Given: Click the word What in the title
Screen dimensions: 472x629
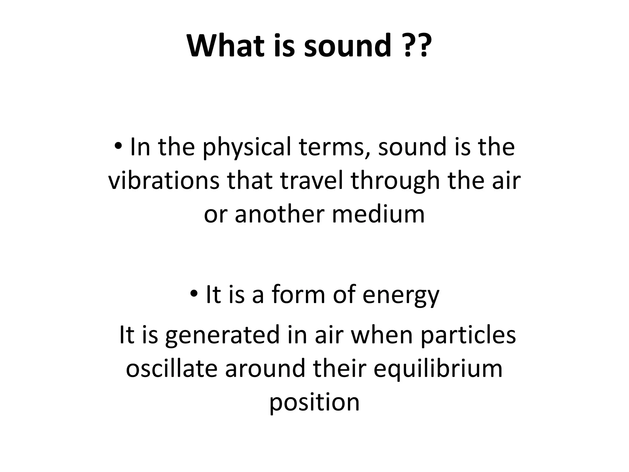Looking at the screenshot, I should [x=225, y=46].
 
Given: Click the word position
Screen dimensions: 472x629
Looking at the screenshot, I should [x=314, y=403].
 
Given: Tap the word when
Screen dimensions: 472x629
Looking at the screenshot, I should [x=381, y=335].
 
